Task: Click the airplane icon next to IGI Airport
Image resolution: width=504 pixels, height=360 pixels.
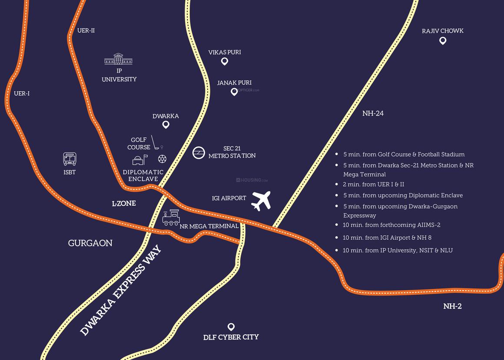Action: click(261, 200)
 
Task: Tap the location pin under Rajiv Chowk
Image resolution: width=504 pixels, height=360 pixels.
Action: click(443, 41)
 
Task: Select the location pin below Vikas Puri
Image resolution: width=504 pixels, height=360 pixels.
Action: click(225, 61)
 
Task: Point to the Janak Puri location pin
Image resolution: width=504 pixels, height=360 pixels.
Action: click(234, 92)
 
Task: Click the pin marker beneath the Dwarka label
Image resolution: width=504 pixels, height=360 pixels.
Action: click(166, 125)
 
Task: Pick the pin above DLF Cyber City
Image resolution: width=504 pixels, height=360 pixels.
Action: click(231, 327)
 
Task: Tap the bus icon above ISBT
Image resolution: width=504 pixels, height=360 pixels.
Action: click(70, 159)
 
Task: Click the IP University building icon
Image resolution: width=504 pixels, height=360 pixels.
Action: click(118, 59)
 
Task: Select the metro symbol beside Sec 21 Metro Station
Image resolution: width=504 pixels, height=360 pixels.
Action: click(199, 153)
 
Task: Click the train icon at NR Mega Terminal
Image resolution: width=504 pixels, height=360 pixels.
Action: click(171, 217)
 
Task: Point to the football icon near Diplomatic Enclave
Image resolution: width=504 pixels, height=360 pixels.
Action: click(162, 159)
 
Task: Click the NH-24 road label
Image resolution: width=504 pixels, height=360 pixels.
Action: click(373, 113)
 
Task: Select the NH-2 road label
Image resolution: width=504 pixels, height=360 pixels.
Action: click(452, 306)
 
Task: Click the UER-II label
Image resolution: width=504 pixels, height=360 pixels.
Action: click(86, 30)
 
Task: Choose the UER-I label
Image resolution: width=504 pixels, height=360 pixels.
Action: click(22, 93)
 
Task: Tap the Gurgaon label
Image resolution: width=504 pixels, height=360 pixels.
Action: click(90, 243)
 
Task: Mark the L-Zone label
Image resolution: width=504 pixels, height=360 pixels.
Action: click(124, 203)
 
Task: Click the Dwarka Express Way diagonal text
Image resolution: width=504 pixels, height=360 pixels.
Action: click(121, 291)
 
